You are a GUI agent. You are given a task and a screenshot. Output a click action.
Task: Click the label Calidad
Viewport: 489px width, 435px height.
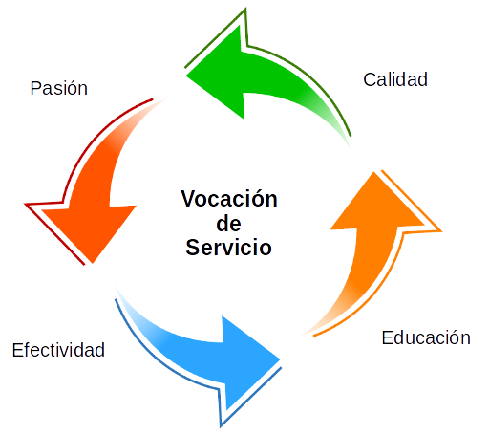tap(395, 79)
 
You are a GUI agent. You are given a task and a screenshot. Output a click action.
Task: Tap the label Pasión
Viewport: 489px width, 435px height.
tap(59, 88)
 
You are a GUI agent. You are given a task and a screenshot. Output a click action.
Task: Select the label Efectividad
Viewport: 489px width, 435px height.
tap(58, 350)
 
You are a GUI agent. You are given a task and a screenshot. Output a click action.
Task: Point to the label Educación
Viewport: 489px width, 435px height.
tap(426, 337)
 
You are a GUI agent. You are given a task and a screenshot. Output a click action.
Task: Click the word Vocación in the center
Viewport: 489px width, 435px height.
tap(229, 199)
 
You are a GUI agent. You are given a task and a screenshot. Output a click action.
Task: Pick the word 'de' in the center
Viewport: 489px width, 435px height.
tap(228, 224)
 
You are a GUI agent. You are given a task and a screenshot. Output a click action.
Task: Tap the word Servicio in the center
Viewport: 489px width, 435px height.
tap(228, 248)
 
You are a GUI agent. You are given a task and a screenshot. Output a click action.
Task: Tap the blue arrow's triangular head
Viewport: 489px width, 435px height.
tap(248, 361)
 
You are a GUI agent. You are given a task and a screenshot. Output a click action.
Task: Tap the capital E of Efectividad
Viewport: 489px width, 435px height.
tap(18, 350)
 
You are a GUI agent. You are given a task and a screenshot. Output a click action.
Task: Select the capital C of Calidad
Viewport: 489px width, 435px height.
tap(370, 79)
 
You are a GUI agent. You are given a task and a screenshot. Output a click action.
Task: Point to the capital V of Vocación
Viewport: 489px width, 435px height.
tap(190, 199)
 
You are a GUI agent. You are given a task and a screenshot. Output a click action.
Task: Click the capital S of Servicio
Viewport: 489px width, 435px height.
tap(194, 248)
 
